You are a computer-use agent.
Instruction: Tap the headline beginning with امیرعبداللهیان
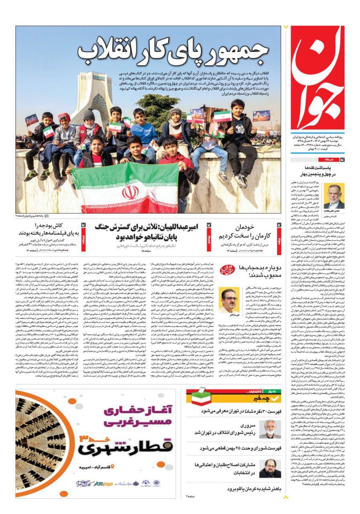pyautogui.click(x=147, y=232)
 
